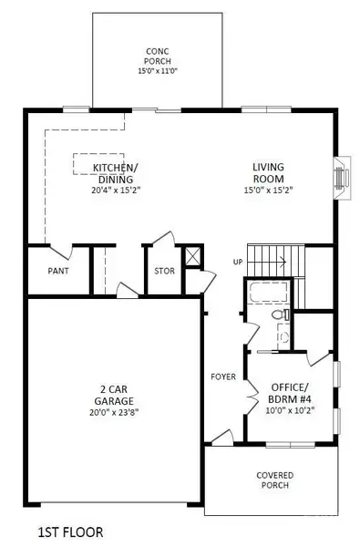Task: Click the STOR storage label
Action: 164,271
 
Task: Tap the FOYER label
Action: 223,376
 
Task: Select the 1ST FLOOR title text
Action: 70,530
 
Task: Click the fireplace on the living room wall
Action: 341,176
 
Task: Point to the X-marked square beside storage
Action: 191,256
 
